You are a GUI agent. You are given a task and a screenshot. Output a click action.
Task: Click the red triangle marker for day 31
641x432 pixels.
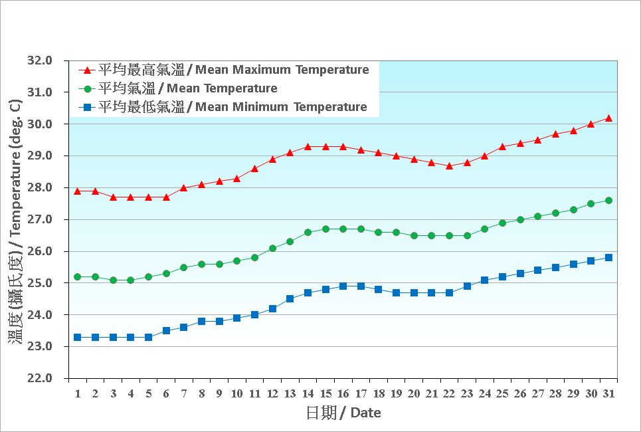(x=608, y=118)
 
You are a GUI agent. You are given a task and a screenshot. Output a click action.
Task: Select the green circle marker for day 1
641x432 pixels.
(x=78, y=276)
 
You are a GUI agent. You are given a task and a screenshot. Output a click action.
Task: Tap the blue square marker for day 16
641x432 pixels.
(x=343, y=286)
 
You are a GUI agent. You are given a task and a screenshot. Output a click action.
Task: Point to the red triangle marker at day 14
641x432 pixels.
(x=308, y=146)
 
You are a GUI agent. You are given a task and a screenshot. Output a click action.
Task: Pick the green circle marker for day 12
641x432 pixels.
(x=272, y=248)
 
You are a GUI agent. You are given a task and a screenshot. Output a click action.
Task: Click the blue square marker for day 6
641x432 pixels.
(x=166, y=330)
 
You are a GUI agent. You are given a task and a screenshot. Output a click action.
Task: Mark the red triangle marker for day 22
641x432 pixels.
(x=449, y=165)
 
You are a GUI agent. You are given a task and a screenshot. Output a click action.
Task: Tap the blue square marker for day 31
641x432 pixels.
(x=608, y=257)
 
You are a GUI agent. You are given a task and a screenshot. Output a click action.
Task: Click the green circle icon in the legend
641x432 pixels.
(x=86, y=88)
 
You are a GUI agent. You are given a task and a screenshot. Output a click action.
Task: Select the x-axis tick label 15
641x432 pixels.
(x=325, y=393)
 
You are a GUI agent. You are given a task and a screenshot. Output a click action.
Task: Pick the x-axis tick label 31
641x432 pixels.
(x=608, y=393)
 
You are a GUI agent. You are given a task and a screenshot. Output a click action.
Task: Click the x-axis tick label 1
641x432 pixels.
(x=78, y=393)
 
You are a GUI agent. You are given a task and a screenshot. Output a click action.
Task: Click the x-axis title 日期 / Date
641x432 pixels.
(x=343, y=413)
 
